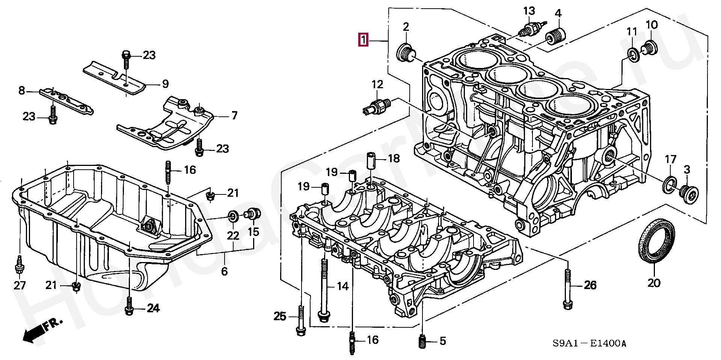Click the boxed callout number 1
pyautogui.click(x=363, y=39)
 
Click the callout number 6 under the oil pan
pyautogui.click(x=224, y=271)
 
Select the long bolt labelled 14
pyautogui.click(x=323, y=292)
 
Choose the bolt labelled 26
pyautogui.click(x=568, y=291)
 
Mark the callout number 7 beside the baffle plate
pyautogui.click(x=234, y=115)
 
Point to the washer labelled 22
pyautogui.click(x=233, y=216)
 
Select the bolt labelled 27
pyautogui.click(x=18, y=265)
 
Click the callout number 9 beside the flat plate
pyautogui.click(x=165, y=84)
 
